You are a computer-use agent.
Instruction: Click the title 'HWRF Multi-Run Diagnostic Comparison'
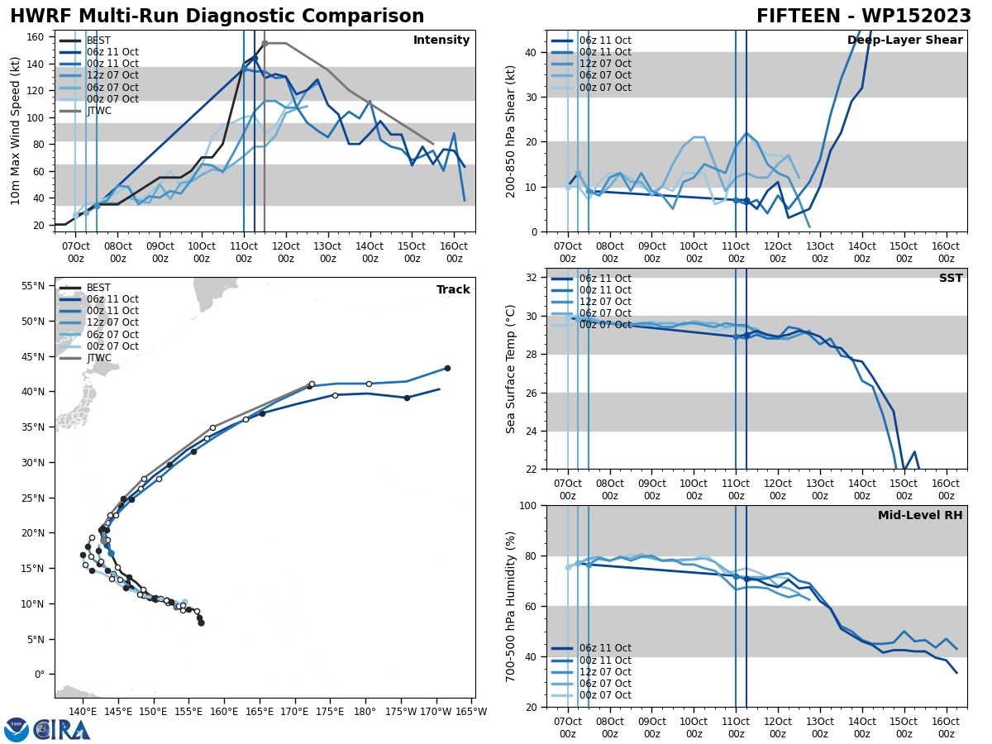[x=217, y=17]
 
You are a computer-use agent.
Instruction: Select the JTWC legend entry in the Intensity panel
[x=98, y=111]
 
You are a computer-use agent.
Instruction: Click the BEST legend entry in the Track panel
[x=98, y=288]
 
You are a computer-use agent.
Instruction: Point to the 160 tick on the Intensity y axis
[x=38, y=36]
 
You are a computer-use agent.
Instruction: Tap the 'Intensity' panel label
[x=441, y=41]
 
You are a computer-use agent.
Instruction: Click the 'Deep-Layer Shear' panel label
[x=904, y=41]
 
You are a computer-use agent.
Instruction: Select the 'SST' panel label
[x=950, y=279]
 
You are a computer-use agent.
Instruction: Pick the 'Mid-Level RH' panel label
[x=920, y=516]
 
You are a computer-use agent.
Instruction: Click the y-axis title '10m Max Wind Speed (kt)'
[x=16, y=131]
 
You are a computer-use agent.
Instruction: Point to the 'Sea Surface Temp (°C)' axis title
[x=511, y=369]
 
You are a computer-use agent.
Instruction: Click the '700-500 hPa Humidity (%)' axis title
[x=511, y=606]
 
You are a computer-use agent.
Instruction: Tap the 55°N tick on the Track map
[x=34, y=286]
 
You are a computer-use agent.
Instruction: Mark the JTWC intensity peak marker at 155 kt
[x=265, y=43]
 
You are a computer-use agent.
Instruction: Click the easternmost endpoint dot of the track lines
[x=447, y=368]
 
